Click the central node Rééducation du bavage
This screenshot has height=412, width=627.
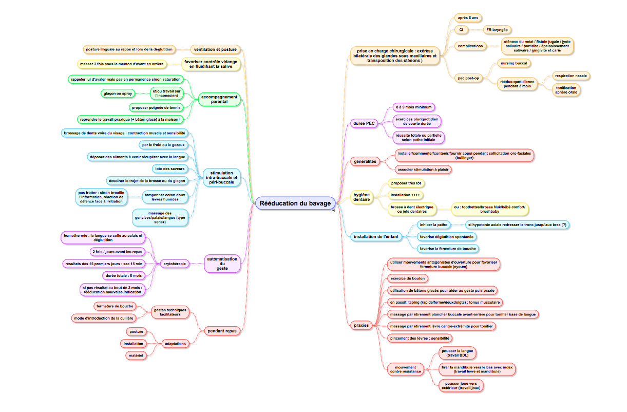point(295,203)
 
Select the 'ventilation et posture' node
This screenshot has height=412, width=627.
point(215,49)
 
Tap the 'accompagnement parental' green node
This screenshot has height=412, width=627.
point(219,99)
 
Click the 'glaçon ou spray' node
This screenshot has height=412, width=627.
point(118,93)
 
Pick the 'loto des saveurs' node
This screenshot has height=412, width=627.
point(169,169)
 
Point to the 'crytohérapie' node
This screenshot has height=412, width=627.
point(175,264)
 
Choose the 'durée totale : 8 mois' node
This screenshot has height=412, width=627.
point(124,275)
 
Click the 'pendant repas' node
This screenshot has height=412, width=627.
point(222,331)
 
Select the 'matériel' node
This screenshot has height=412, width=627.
point(136,355)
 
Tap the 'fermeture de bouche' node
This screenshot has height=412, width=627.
point(115,306)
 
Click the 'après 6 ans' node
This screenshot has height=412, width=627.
point(468,17)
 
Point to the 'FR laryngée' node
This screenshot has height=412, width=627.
point(497,30)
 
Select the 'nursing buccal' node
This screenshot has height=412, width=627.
point(514,63)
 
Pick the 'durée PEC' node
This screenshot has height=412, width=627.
point(364,123)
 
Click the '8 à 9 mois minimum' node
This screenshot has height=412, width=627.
point(414,107)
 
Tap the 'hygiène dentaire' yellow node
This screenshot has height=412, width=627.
point(362,197)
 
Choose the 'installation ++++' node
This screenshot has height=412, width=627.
point(405,195)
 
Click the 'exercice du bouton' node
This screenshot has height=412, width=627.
point(408,278)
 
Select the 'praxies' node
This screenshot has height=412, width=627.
point(361,325)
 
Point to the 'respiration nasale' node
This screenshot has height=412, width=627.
point(571,76)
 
